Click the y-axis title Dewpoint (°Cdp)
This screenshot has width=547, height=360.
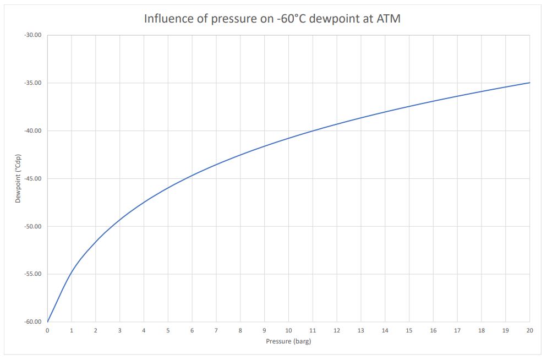tap(18, 178)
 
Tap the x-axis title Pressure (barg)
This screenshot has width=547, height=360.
tap(288, 341)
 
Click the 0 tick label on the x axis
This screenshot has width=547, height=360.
tap(47, 330)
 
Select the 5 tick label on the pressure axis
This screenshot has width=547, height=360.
tap(168, 330)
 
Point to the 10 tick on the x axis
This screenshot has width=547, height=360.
tap(288, 330)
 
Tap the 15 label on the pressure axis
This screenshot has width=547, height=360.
tap(409, 330)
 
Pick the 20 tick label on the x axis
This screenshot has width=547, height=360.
tap(529, 330)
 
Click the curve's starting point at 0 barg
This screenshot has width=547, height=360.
tap(48, 321)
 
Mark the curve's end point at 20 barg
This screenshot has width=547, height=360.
tap(529, 83)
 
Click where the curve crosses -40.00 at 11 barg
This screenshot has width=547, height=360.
tap(313, 131)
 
